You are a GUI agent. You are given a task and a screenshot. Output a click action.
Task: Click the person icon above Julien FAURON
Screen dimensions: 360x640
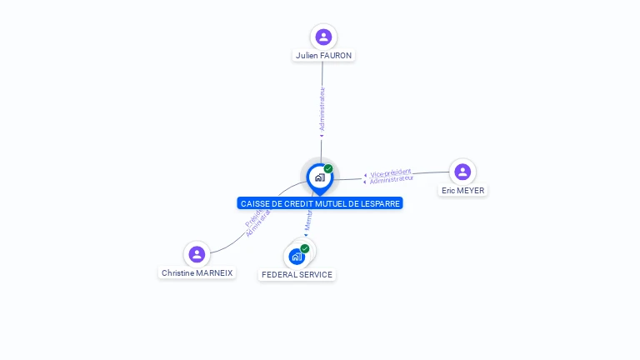(x=323, y=37)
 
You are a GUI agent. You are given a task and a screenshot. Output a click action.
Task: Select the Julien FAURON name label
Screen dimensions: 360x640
(x=323, y=56)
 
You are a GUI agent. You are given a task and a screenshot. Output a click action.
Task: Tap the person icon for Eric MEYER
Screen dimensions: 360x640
(x=462, y=172)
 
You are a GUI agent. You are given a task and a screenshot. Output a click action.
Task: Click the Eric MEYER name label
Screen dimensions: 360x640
(x=462, y=191)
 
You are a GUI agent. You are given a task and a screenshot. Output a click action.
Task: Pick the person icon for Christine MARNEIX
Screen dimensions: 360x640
(x=197, y=254)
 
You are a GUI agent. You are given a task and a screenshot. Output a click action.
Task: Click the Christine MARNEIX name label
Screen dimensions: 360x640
(x=197, y=273)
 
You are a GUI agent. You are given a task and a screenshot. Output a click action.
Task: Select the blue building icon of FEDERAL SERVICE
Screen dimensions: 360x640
(x=297, y=257)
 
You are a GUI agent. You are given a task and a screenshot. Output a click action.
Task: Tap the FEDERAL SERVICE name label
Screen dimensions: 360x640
(x=297, y=275)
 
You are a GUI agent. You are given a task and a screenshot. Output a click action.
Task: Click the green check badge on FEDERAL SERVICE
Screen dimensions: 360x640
(x=305, y=248)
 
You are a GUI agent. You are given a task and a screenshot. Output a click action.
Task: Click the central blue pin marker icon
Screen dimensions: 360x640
(x=319, y=177)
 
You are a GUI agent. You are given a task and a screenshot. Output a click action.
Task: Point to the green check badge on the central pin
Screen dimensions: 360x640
(x=328, y=168)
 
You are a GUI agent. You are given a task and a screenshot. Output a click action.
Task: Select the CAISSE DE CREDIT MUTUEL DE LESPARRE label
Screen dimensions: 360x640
(x=319, y=203)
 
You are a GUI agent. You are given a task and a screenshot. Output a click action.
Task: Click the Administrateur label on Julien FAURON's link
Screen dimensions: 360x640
(x=322, y=110)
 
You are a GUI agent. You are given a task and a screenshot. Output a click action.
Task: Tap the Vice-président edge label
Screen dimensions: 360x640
(x=391, y=172)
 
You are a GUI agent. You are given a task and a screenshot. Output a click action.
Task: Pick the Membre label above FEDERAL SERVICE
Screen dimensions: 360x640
(x=308, y=222)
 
